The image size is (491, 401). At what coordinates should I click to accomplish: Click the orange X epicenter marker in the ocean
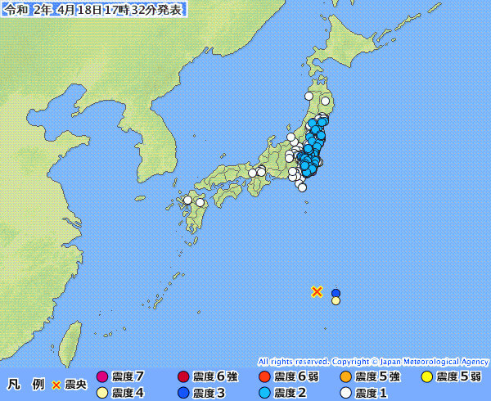317,291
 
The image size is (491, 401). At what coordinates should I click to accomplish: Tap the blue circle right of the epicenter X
336,293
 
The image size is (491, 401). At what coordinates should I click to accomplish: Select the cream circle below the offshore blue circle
336,301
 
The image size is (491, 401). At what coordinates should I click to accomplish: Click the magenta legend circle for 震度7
102,376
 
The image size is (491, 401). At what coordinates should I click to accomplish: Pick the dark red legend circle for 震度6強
183,376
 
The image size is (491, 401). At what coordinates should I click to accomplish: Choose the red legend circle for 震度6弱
264,376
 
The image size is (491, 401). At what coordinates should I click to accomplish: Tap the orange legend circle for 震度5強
345,376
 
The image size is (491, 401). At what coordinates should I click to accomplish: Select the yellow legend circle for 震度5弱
426,376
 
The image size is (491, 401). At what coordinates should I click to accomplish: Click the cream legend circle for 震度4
102,393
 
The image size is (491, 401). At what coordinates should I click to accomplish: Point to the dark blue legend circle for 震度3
183,393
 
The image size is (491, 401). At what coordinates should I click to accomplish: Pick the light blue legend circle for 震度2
264,393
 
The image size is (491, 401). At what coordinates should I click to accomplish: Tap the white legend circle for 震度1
345,393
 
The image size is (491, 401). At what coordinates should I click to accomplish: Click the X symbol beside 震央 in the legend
56,384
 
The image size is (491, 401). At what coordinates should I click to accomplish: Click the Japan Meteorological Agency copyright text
373,361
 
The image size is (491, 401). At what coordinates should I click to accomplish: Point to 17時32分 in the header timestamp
134,9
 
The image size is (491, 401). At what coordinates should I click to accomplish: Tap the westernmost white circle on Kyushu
187,200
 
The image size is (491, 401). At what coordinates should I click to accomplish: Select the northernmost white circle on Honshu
309,97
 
